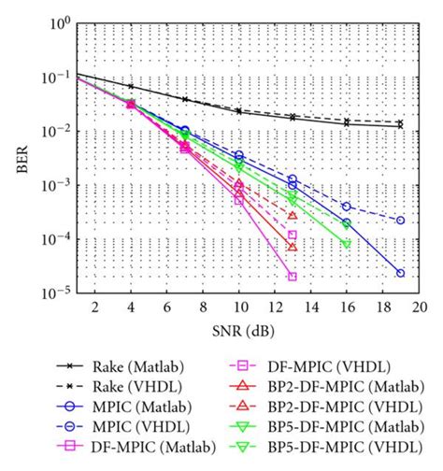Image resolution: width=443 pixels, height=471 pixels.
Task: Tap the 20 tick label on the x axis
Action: coord(421,307)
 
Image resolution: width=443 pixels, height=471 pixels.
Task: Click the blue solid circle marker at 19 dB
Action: coord(400,273)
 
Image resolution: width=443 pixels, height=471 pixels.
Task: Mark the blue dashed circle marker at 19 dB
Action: coord(400,221)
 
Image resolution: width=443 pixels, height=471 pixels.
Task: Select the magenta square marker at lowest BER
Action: coord(293,277)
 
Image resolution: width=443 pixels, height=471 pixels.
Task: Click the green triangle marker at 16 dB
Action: coord(347,244)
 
